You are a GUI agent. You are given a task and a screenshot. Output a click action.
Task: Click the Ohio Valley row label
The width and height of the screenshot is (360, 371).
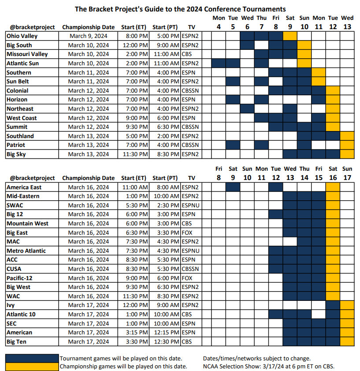click(22, 36)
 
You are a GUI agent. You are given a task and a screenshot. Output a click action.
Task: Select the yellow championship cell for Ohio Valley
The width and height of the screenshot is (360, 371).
click(290, 36)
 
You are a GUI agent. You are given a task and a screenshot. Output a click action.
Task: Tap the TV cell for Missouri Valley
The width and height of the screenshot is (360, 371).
click(187, 54)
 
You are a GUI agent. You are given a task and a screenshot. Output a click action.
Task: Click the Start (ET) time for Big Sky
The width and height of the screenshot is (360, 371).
click(135, 154)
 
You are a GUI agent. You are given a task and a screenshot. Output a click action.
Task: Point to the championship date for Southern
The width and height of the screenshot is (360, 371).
click(89, 72)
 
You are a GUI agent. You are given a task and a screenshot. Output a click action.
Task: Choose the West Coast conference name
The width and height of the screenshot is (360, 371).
click(22, 118)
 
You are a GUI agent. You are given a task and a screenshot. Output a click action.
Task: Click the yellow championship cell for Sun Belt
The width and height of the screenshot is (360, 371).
click(319, 82)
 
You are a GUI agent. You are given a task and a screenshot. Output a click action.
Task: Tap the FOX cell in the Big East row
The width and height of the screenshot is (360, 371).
click(187, 232)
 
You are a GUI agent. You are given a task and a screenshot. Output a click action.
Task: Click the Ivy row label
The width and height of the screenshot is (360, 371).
click(11, 305)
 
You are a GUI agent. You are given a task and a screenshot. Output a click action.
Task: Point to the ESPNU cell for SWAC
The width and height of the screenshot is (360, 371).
click(190, 206)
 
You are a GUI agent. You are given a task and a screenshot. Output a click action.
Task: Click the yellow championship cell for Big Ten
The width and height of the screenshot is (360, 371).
click(347, 341)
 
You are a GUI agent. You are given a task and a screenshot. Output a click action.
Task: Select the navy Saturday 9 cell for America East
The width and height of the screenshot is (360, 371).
click(233, 187)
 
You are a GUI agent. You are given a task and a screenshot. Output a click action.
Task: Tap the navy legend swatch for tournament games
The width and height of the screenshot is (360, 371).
click(32, 358)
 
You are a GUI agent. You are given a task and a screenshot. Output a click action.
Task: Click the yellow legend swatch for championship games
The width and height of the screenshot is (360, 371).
click(32, 367)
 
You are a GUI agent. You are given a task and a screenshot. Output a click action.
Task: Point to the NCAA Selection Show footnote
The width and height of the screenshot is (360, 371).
click(269, 367)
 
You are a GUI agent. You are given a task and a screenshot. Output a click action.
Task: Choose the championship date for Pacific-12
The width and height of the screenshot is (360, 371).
click(89, 278)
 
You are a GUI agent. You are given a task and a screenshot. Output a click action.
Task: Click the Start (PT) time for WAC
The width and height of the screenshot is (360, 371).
click(168, 296)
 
